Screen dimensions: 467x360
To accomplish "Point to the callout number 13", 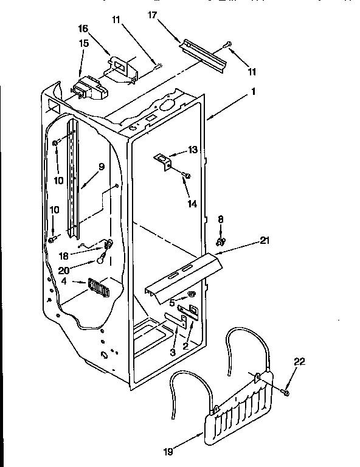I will [x=192, y=150].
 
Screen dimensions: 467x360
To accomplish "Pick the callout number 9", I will [x=101, y=167].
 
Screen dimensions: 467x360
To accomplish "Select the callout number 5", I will [x=173, y=301].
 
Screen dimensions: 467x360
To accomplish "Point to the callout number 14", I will [x=192, y=204].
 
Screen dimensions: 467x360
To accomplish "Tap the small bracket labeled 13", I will [x=162, y=160].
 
